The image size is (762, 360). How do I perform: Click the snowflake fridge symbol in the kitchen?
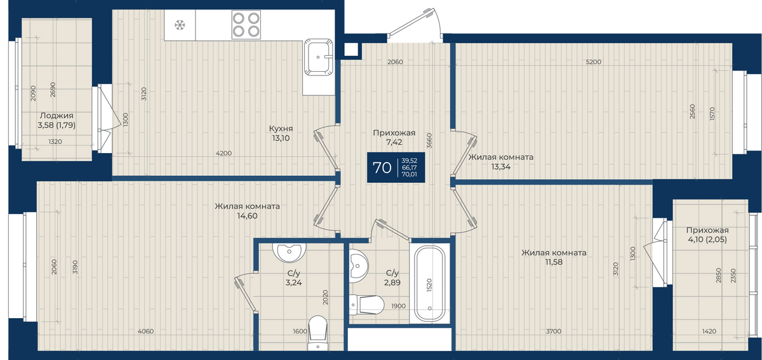(x=180, y=25)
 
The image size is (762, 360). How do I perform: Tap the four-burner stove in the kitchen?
(x=246, y=25)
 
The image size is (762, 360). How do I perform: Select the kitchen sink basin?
(x=318, y=57)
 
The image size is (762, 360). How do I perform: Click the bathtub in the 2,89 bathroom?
(x=430, y=284)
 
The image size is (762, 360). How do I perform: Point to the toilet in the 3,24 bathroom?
(x=317, y=333)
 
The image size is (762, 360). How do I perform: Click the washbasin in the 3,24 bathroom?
(x=289, y=253)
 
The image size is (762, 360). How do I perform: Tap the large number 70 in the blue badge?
(x=382, y=168)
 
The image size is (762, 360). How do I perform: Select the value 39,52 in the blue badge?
(x=409, y=161)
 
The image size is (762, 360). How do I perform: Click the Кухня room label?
(x=281, y=129)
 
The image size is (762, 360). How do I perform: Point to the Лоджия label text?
(x=57, y=116)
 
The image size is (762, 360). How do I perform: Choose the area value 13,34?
(x=501, y=167)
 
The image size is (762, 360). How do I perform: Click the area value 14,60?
(x=247, y=216)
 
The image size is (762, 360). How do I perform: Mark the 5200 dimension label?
(x=594, y=62)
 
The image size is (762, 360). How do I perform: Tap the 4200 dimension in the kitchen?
(x=224, y=154)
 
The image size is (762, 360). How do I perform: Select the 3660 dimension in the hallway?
(x=429, y=140)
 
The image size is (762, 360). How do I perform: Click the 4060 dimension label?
(x=145, y=331)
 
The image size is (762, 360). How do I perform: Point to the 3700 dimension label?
(x=554, y=331)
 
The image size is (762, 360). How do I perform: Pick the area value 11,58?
(x=554, y=262)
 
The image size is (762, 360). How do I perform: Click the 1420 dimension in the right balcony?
(x=709, y=331)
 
